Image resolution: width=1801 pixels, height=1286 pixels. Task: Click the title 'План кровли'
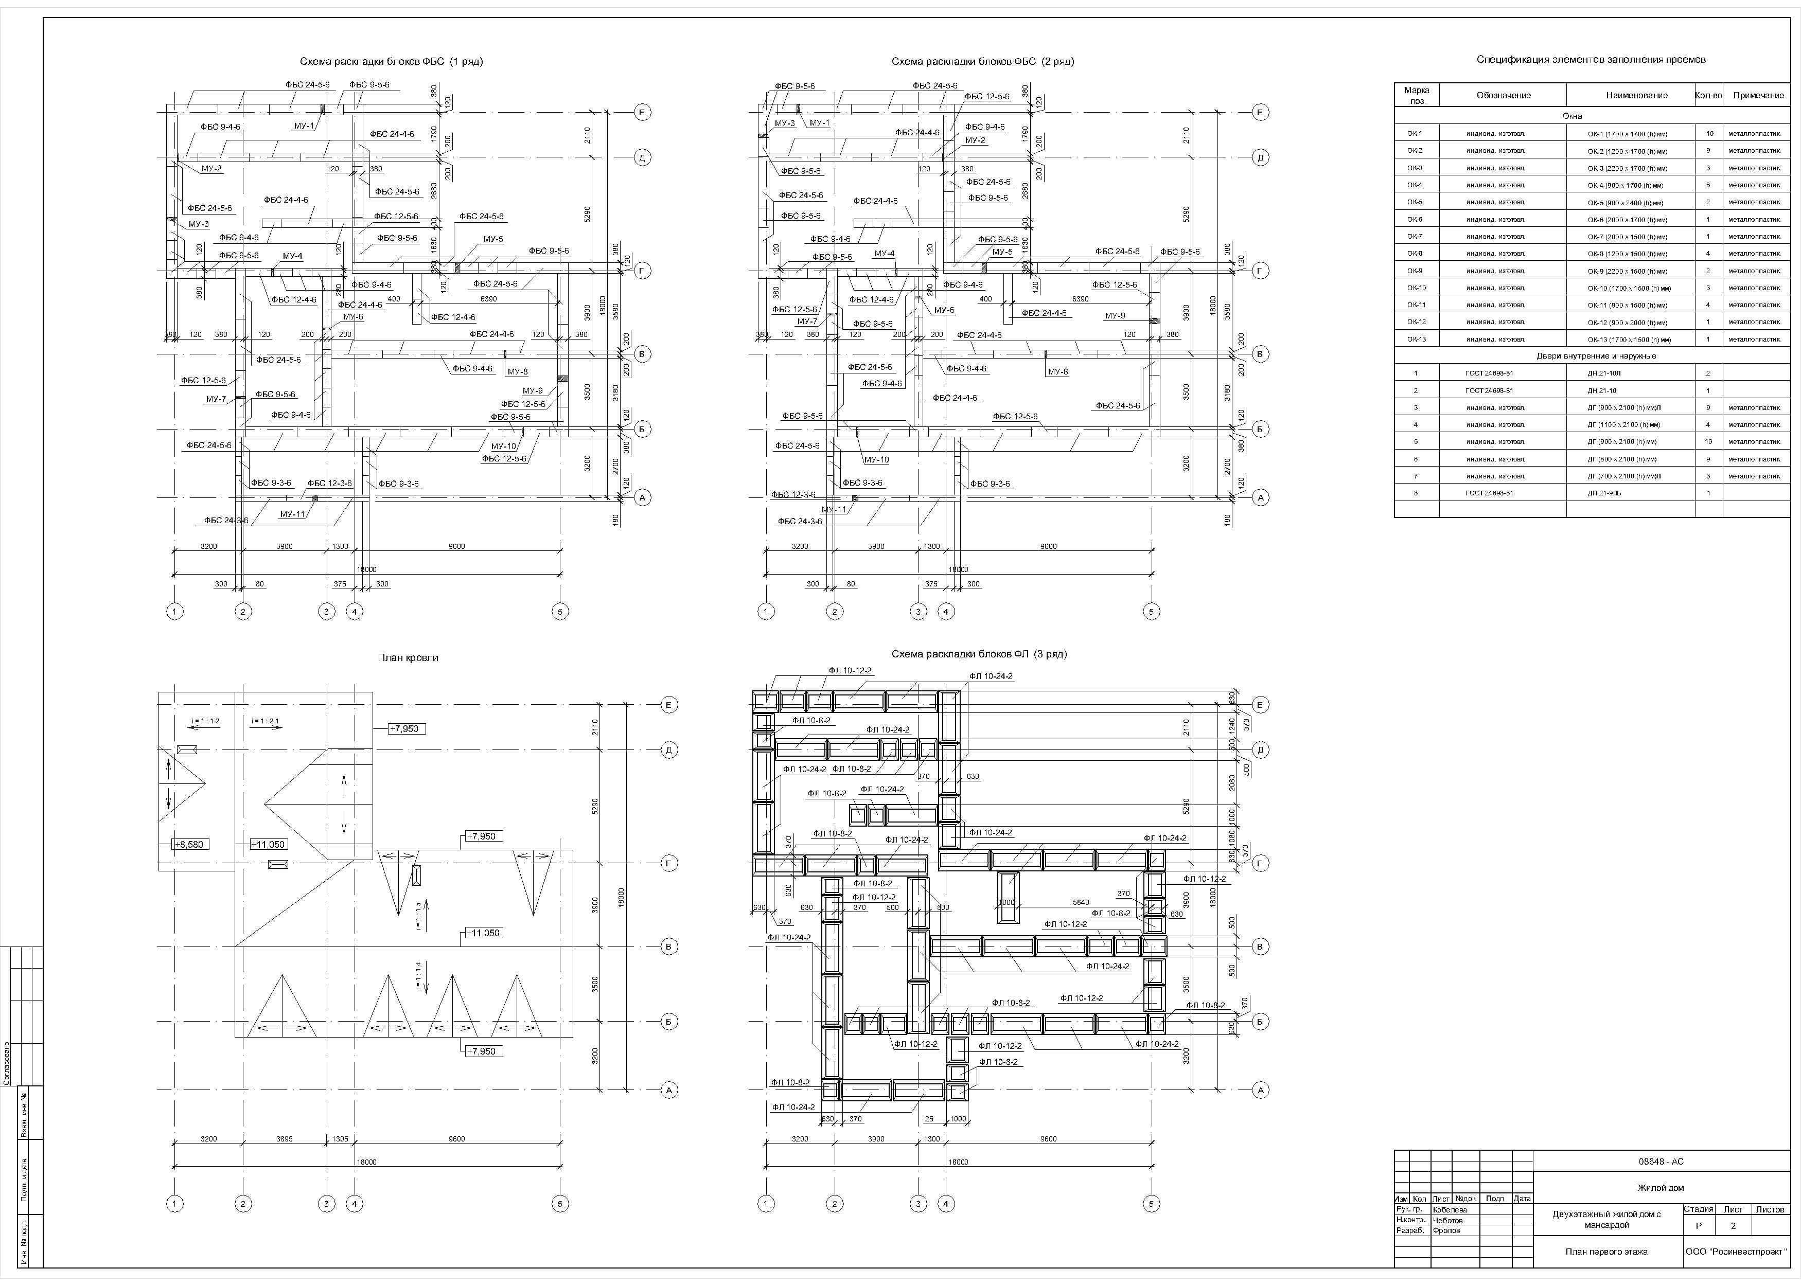[x=408, y=657]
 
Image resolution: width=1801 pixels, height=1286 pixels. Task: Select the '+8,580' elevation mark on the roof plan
[x=190, y=844]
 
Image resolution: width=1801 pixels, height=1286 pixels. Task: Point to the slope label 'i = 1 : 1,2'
[x=206, y=721]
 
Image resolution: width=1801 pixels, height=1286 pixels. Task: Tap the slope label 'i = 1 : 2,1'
[x=266, y=721]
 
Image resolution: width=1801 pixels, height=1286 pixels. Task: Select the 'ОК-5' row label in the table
[x=1415, y=202]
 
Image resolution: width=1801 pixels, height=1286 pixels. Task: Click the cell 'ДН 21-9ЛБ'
[x=1604, y=493]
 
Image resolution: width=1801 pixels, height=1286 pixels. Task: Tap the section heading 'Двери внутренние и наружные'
[x=1591, y=356]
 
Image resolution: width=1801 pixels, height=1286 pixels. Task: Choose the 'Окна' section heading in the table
[x=1591, y=116]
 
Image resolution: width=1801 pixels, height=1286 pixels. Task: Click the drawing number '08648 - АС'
[x=1661, y=1162]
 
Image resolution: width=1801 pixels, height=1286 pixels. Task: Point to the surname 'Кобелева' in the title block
[x=1450, y=1209]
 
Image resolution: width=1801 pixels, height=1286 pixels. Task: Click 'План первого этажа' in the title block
[x=1606, y=1252]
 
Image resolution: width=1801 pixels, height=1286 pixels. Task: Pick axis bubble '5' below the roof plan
[x=560, y=1204]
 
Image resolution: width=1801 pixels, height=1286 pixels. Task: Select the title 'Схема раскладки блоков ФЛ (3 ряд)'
[x=979, y=654]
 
